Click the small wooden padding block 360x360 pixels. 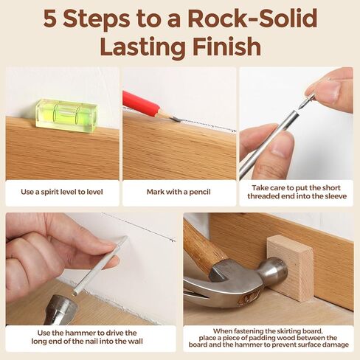point(289,267)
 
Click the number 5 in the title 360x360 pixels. point(52,18)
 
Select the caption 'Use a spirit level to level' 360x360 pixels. point(62,192)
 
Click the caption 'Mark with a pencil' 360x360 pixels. point(179,192)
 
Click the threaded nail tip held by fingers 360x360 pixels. point(307,97)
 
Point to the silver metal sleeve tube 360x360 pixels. point(269,143)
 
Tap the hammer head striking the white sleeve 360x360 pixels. point(60,308)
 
